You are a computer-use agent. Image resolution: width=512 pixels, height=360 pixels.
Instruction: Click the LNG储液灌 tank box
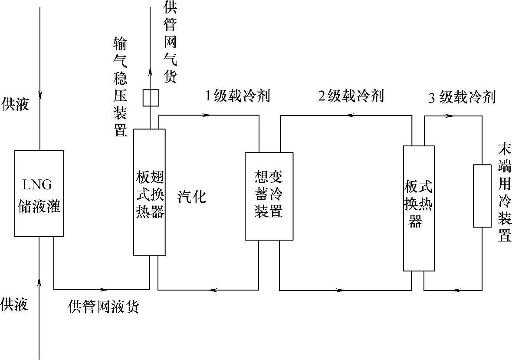click(39, 194)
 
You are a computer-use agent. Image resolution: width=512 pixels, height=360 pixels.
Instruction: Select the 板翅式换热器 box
click(149, 192)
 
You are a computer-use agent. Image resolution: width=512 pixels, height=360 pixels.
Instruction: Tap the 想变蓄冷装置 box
click(269, 196)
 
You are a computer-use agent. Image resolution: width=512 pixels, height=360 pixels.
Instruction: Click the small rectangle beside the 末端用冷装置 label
click(482, 196)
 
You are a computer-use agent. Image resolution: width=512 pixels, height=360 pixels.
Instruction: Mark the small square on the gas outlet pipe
click(151, 98)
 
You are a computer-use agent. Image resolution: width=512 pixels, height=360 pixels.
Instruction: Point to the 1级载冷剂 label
click(237, 96)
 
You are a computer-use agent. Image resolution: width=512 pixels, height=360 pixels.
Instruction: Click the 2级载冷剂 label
click(351, 96)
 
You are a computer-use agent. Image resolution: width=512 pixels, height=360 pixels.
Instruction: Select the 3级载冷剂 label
click(462, 97)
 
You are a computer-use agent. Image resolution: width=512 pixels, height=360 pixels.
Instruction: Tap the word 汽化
click(191, 197)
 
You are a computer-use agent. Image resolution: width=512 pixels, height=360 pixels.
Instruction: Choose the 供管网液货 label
click(103, 307)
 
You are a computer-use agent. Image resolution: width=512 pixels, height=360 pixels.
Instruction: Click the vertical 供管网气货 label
click(170, 43)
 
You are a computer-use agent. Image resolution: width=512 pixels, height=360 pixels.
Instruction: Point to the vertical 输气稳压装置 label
click(120, 86)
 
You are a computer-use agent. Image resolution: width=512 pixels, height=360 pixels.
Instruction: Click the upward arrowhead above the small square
click(151, 73)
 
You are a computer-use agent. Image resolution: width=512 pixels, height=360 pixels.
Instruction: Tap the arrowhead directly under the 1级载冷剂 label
click(207, 116)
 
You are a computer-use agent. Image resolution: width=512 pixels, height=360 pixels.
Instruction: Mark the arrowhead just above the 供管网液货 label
click(104, 289)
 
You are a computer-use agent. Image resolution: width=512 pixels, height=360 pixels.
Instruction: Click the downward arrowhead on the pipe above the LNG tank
click(40, 94)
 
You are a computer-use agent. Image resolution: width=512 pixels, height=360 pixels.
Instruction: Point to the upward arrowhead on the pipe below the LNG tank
click(40, 283)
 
